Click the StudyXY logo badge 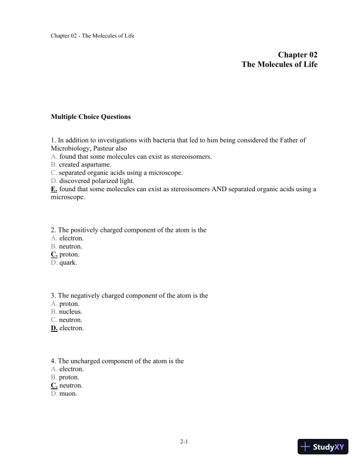324,447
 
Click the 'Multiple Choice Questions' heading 91,116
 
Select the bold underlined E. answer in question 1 54,189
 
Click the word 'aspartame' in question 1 96,165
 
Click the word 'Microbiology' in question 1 70,148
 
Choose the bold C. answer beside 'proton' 54,255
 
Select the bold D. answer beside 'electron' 54,328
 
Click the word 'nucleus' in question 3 71,312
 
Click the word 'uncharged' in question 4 86,361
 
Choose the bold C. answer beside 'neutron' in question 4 54,385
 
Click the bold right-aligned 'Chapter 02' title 298,54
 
